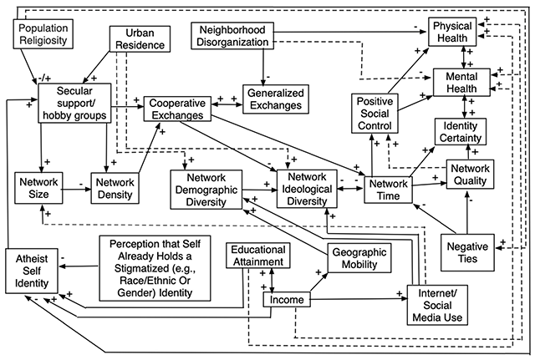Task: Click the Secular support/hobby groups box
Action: click(x=74, y=100)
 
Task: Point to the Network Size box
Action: click(x=39, y=186)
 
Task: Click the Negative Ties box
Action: click(x=468, y=251)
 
